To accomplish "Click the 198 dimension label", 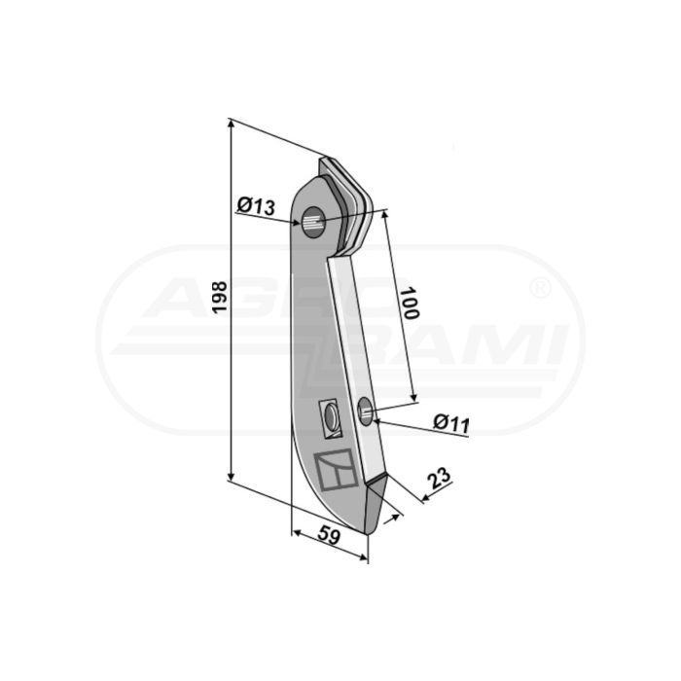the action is [220, 297].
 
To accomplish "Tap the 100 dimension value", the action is [409, 303].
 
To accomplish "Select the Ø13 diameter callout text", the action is [256, 206].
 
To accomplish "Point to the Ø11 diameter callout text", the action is [451, 423].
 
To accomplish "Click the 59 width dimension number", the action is [329, 535].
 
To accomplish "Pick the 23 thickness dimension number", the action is [439, 478].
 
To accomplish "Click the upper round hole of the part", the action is [313, 223].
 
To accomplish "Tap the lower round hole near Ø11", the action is [365, 411].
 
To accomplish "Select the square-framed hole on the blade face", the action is [330, 418].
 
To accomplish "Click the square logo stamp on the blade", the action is [336, 470].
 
